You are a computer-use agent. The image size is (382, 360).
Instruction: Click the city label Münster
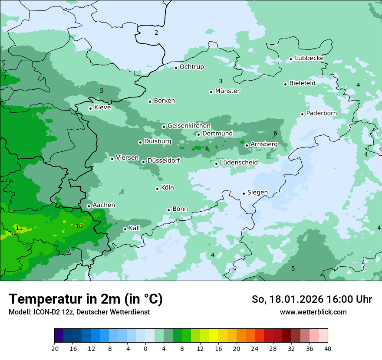(227, 91)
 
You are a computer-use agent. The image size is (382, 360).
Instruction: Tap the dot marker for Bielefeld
(286, 84)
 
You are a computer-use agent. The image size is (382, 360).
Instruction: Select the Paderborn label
(321, 113)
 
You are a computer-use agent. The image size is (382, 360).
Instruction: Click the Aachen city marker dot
(89, 206)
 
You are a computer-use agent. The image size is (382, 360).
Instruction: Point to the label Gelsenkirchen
(189, 126)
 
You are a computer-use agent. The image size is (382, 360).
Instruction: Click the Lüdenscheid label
(239, 163)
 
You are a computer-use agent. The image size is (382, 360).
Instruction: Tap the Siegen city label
(257, 193)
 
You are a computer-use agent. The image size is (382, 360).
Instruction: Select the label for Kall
(135, 228)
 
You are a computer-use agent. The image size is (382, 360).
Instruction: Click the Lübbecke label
(309, 58)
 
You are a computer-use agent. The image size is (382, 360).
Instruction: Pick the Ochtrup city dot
(176, 68)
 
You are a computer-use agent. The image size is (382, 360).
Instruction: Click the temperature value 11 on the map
(19, 228)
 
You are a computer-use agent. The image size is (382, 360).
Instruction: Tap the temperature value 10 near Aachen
(79, 226)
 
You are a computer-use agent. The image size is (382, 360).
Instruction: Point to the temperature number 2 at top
(156, 33)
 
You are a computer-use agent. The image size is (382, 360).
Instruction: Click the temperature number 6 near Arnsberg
(275, 133)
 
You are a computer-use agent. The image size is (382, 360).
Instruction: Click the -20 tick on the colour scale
(54, 348)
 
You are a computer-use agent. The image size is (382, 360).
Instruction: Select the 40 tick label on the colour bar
(328, 348)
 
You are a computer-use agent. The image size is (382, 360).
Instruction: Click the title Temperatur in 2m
(86, 299)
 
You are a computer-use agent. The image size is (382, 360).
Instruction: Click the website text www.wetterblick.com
(313, 312)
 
